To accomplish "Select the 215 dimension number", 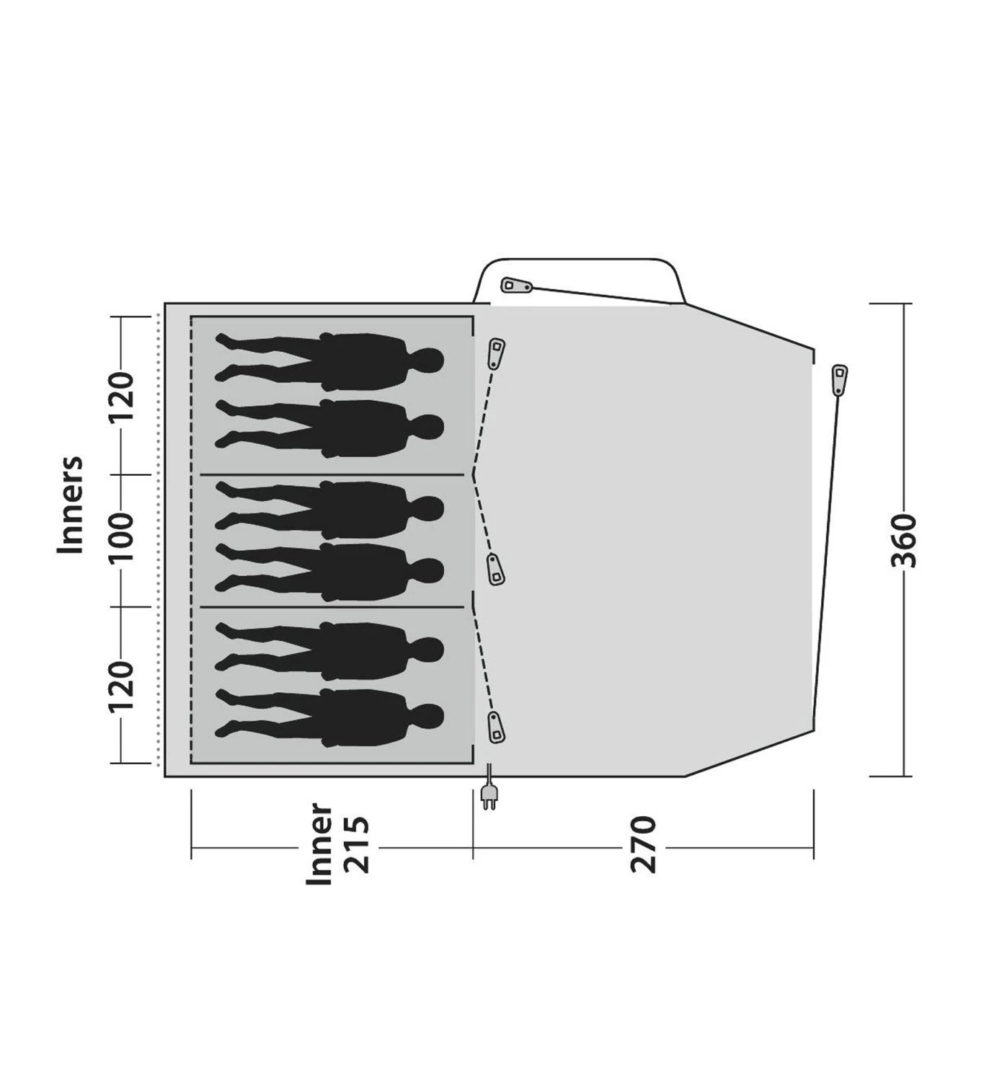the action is (358, 846).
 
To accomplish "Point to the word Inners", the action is (71, 505).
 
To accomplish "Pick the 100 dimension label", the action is (121, 537).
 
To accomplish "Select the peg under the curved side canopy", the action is (516, 286).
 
